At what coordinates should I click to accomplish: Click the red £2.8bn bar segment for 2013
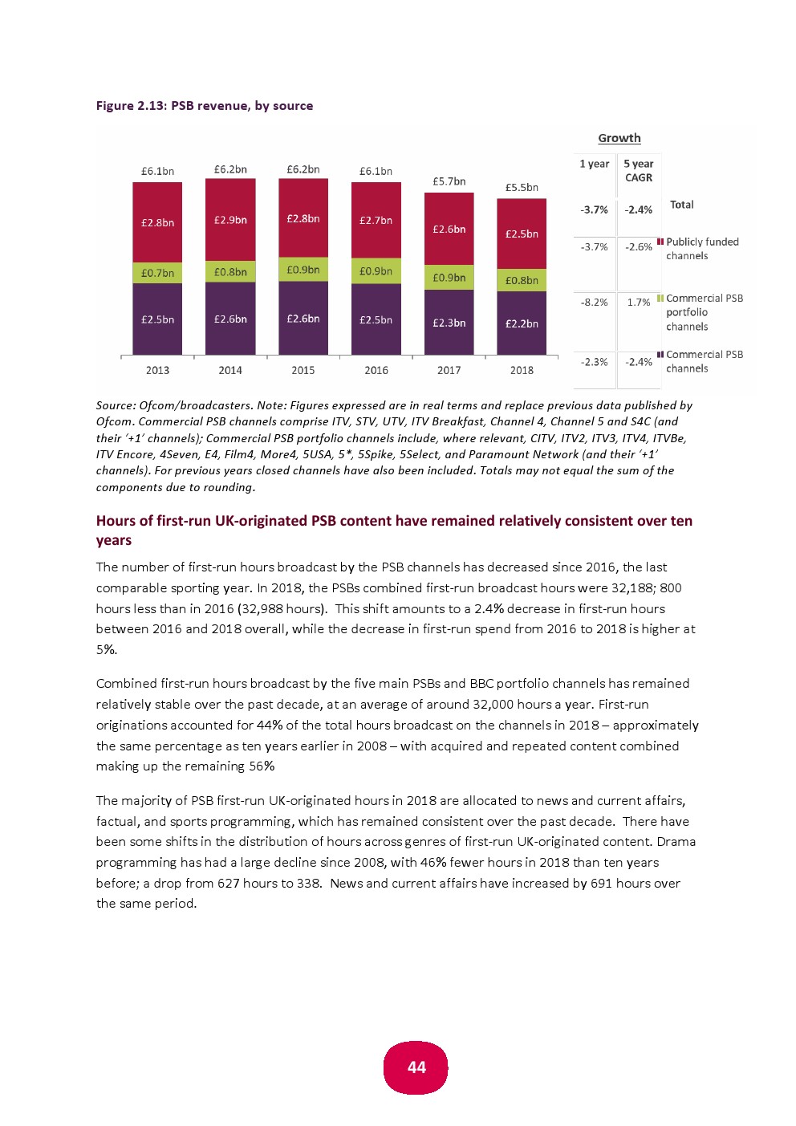[x=157, y=222]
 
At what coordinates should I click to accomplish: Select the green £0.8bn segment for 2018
[x=522, y=280]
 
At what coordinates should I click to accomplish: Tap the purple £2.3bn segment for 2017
[x=449, y=323]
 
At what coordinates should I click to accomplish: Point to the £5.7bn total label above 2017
[x=449, y=181]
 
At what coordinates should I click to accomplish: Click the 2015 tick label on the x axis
[x=303, y=370]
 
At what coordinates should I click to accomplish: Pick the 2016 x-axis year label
[x=376, y=370]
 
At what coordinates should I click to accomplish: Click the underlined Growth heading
[x=619, y=138]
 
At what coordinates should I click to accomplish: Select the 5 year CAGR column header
[x=639, y=171]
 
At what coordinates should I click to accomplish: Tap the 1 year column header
[x=594, y=164]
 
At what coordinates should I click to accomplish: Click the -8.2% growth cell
[x=594, y=303]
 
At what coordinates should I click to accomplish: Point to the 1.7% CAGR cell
[x=639, y=303]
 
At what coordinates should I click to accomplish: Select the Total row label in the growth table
[x=681, y=205]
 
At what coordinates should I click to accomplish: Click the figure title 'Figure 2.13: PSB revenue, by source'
[x=205, y=106]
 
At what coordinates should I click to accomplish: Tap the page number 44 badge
[x=416, y=1067]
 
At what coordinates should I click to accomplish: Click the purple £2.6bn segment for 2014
[x=230, y=319]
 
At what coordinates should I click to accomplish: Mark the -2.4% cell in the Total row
[x=639, y=210]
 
